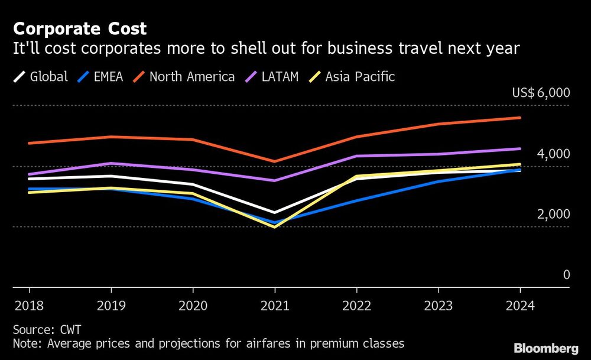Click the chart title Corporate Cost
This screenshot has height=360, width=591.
80,28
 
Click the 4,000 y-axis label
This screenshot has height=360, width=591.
553,154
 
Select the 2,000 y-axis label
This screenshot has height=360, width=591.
553,214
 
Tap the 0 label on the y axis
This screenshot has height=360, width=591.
566,275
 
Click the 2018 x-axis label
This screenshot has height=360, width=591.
30,306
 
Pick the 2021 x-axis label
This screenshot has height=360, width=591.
275,306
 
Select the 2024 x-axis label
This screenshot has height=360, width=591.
520,306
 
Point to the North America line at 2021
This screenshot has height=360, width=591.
275,161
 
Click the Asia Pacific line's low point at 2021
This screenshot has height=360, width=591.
275,227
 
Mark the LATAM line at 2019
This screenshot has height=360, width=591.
111,163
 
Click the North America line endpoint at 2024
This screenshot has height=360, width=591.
520,118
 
